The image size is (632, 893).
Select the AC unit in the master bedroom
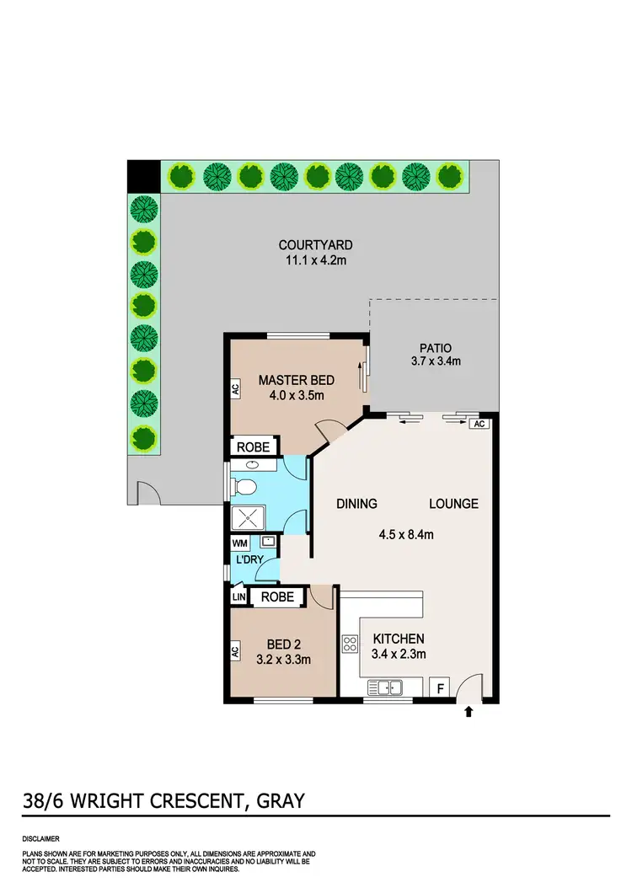tap(235, 388)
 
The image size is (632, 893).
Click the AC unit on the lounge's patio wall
tap(479, 424)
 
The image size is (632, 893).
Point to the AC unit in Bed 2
tap(235, 650)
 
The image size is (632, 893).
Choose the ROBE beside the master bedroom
tap(252, 446)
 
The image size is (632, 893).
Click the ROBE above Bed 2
tap(277, 596)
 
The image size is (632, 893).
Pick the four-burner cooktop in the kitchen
tap(350, 645)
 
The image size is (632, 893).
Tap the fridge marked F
tap(439, 688)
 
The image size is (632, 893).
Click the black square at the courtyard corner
tap(142, 175)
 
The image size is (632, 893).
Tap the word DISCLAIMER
tap(41, 840)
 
